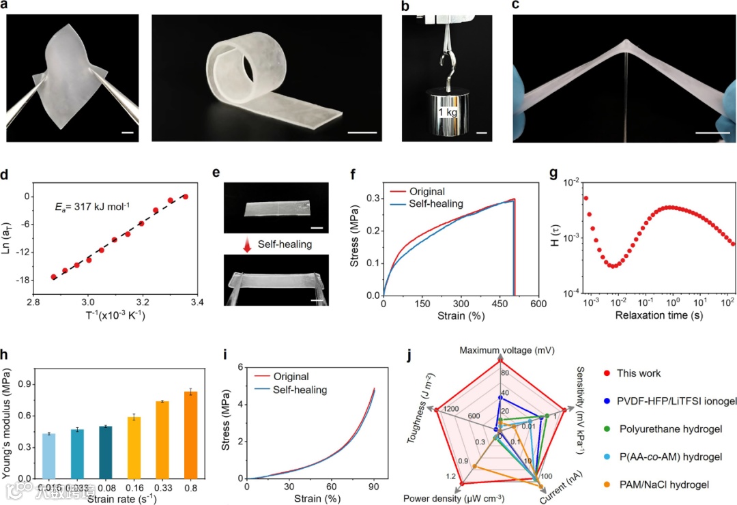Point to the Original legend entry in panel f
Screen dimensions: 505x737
point(422,191)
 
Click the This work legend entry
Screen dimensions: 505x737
point(638,373)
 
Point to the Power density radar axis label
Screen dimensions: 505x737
point(454,497)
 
